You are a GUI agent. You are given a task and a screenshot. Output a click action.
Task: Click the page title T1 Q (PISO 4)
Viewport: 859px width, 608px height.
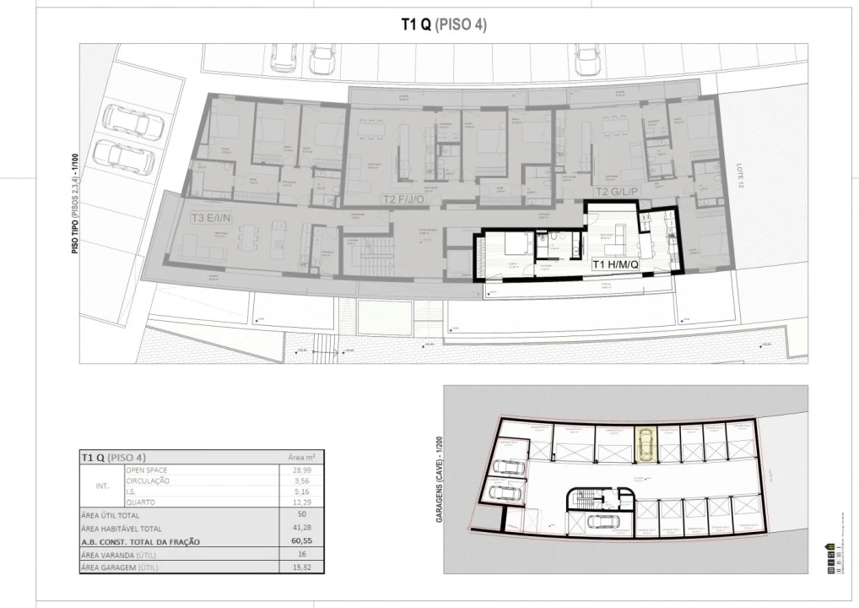tap(443, 25)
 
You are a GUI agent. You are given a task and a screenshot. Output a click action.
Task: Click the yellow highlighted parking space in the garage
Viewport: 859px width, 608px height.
tap(645, 444)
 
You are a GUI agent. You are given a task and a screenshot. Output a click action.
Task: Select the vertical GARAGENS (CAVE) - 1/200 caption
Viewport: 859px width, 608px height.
tap(440, 480)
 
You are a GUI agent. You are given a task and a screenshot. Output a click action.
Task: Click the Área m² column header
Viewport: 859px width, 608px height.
tap(301, 457)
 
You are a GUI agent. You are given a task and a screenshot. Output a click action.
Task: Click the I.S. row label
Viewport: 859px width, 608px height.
tap(132, 491)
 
